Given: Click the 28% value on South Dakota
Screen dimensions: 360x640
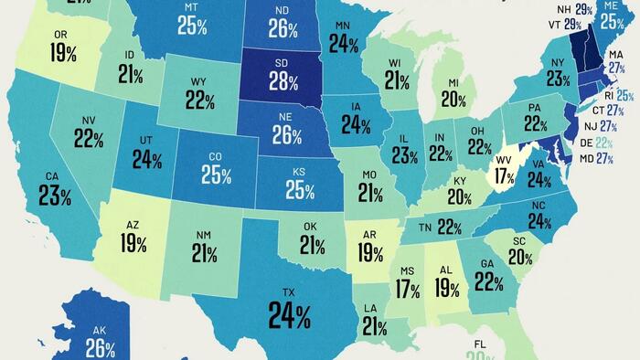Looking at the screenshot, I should click(x=284, y=83).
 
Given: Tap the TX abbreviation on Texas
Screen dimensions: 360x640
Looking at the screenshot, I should click(x=289, y=293).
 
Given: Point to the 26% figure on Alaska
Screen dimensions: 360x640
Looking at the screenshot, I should click(x=101, y=348).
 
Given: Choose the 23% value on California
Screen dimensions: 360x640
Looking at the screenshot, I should click(x=55, y=195).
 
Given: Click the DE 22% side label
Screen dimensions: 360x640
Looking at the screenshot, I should click(x=603, y=143).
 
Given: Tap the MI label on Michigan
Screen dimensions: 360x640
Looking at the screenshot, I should click(x=452, y=83).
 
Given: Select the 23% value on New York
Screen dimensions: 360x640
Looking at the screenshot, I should click(x=558, y=79).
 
